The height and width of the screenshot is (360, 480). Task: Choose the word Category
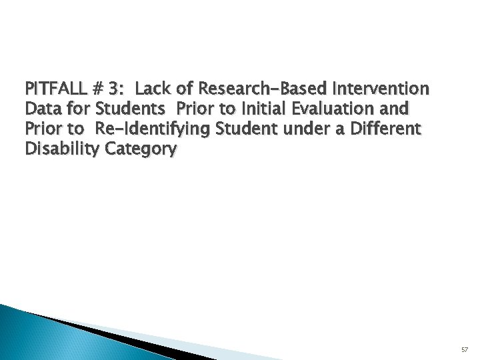coord(137,149)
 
